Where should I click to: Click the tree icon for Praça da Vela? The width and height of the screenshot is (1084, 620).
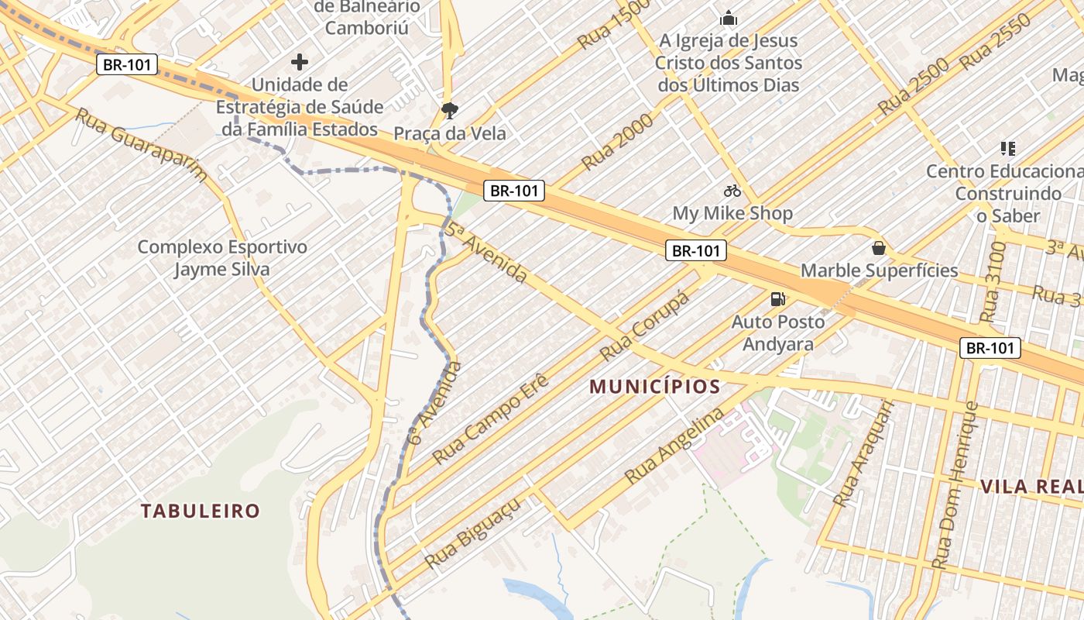click(x=449, y=111)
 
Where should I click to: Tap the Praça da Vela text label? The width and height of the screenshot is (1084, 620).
click(x=450, y=133)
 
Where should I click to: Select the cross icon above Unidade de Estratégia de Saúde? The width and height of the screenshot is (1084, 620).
click(x=300, y=61)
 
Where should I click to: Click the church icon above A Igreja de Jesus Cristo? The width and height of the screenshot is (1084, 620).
click(x=728, y=18)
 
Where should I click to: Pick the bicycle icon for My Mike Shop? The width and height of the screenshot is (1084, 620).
click(x=732, y=190)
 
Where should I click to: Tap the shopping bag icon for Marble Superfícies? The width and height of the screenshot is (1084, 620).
click(x=878, y=248)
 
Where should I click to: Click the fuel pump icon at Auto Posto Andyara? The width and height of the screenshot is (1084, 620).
click(x=777, y=298)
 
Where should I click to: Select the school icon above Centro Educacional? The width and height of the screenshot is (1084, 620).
click(x=1007, y=148)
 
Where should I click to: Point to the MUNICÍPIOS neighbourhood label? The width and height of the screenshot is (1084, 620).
click(x=655, y=386)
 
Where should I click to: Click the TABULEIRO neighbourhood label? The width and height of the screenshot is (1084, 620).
click(x=201, y=511)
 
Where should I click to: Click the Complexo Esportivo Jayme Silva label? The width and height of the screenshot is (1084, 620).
click(x=222, y=258)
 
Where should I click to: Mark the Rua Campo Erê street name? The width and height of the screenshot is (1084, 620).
click(x=490, y=418)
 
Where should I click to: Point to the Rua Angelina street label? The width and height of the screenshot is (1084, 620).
click(x=674, y=446)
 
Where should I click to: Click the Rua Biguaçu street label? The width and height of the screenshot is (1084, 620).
click(x=472, y=532)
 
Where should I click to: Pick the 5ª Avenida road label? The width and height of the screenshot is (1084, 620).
click(x=485, y=252)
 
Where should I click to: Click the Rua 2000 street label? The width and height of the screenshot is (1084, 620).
click(x=617, y=141)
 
